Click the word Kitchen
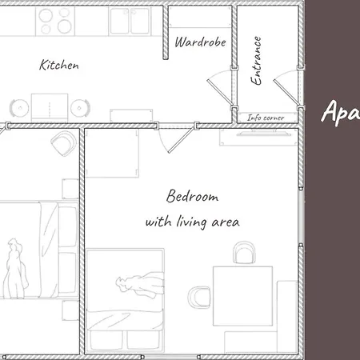(x=59, y=65)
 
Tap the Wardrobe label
(x=200, y=41)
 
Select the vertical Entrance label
(x=258, y=61)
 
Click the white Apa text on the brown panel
(x=339, y=112)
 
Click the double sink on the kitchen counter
(x=130, y=22)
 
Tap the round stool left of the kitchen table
(x=17, y=107)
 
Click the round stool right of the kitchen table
(x=78, y=108)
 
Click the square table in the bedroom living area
(x=240, y=294)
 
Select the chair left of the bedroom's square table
(x=198, y=296)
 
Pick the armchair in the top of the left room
(x=62, y=144)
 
